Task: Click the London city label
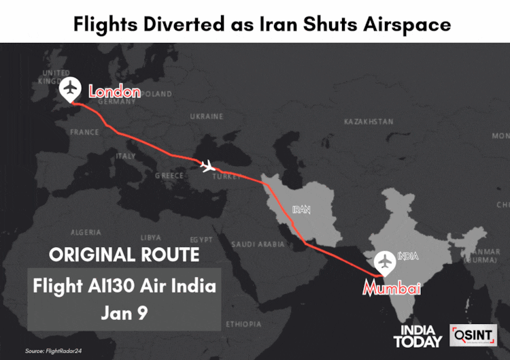pos(114,92)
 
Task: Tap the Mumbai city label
pos(391,289)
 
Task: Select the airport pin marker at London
pos(70,89)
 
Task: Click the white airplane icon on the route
pos(208,165)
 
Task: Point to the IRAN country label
pos(301,210)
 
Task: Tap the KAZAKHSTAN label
pos(368,122)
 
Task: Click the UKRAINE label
pos(206,116)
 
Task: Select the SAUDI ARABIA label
pos(258,244)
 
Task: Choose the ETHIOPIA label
pos(244,323)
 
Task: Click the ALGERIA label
pos(86,232)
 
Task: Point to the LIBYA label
pos(150,238)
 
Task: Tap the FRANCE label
pos(84,132)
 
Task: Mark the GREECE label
pos(169,176)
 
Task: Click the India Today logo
pos(418,336)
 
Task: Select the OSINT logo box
pos(473,336)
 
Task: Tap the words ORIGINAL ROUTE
pos(124,255)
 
